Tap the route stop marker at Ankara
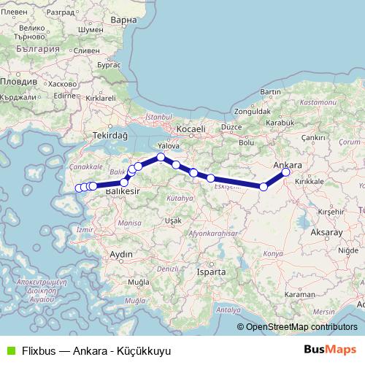click(285, 172)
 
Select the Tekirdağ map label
click(111, 135)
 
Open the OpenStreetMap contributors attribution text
click(301, 327)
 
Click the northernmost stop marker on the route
click(161, 157)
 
